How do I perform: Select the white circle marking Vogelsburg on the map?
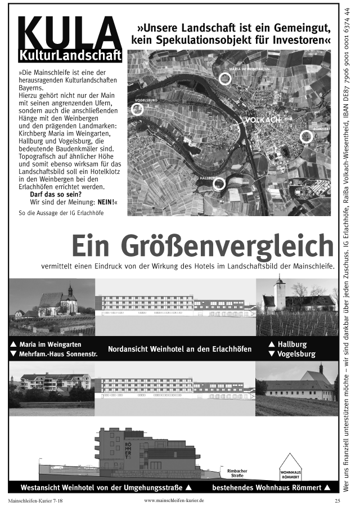tap(137, 109)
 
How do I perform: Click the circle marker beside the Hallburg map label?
tap(219, 184)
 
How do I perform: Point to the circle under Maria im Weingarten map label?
tap(225, 78)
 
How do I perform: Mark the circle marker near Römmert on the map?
tap(306, 136)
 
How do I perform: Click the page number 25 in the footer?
tap(337, 500)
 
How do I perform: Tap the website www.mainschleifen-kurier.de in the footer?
tap(174, 500)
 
